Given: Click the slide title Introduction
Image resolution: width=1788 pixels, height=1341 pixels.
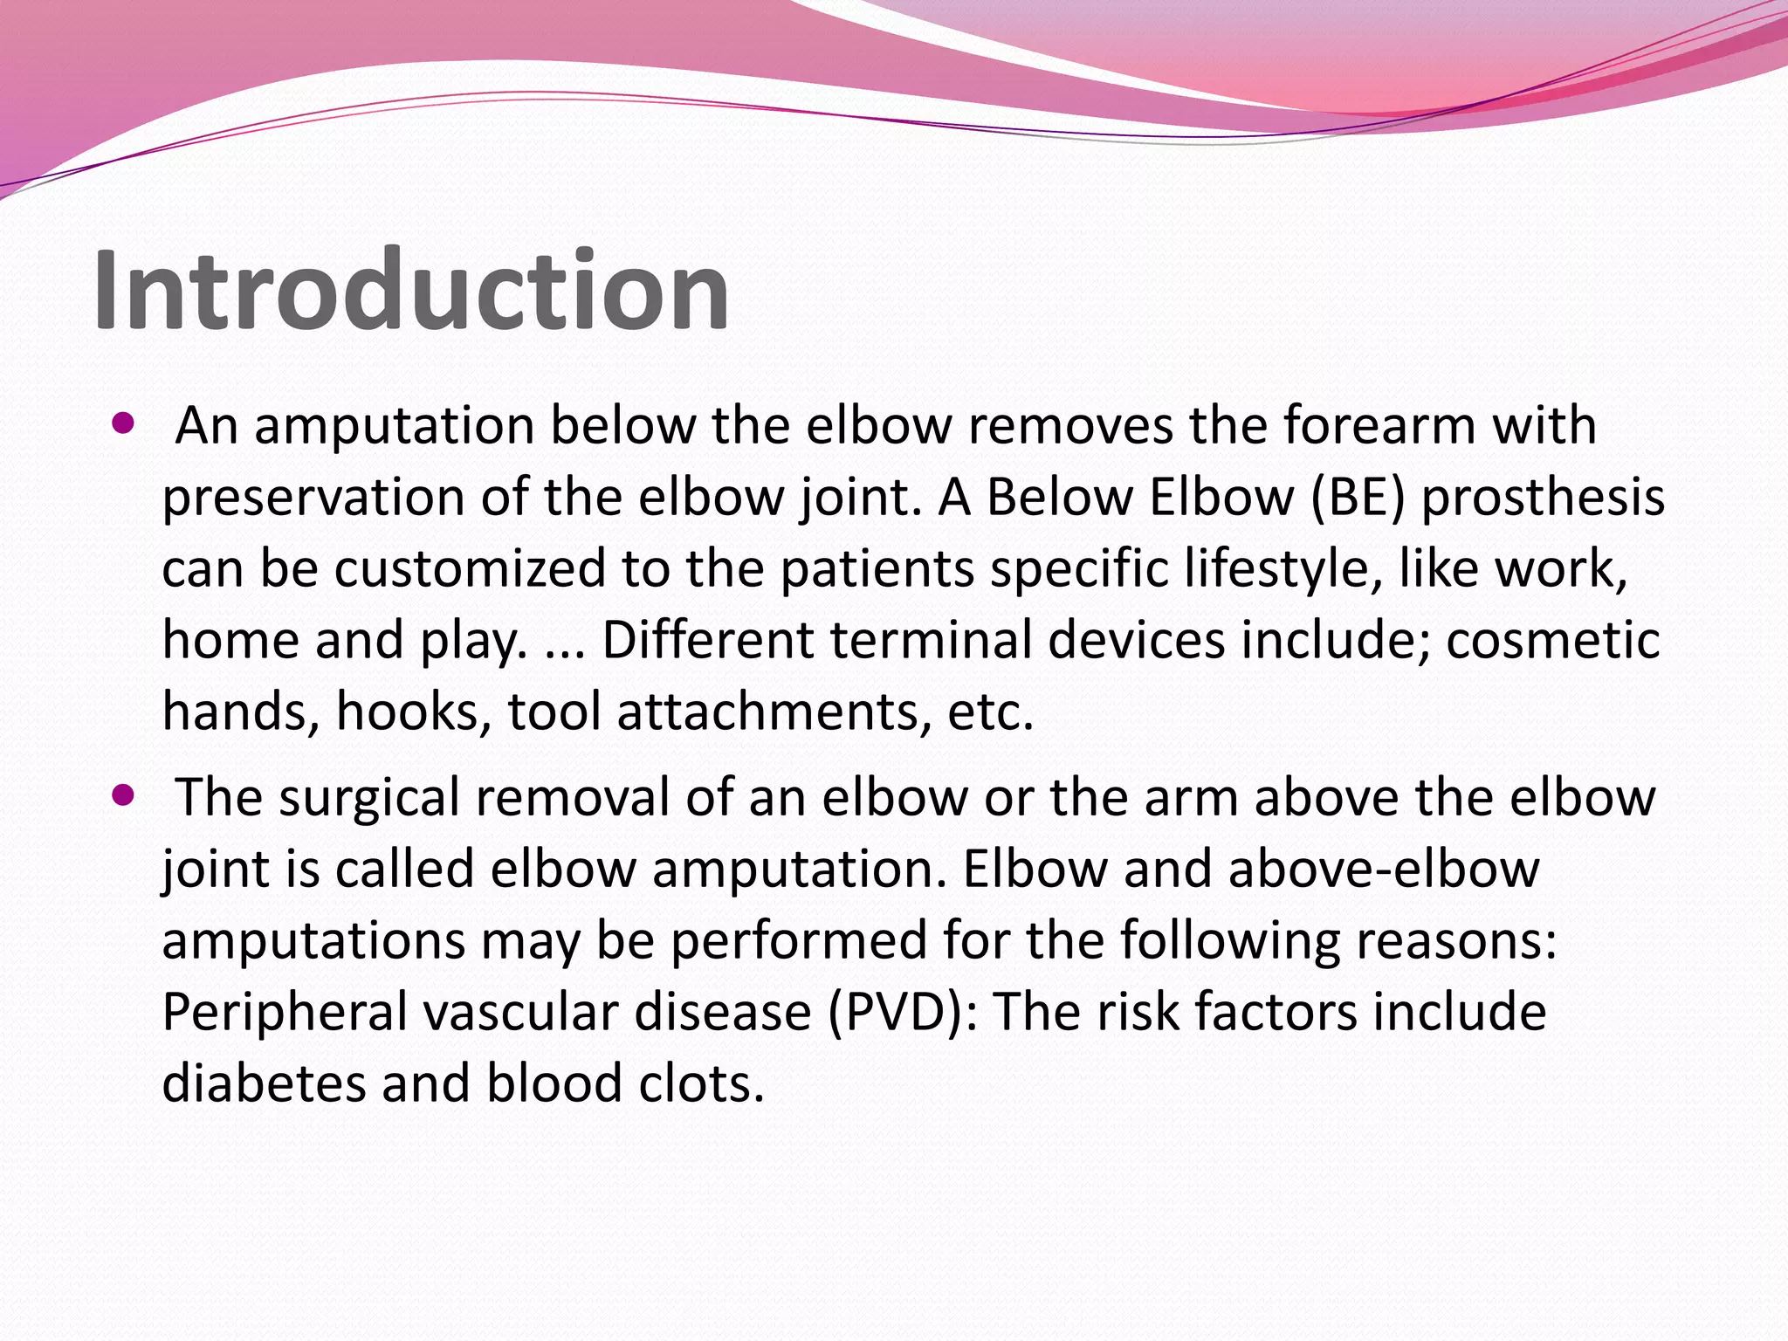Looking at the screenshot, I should tap(410, 290).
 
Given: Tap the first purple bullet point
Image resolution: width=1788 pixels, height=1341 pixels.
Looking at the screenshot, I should tap(124, 425).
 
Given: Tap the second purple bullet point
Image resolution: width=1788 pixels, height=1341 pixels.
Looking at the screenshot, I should tap(124, 795).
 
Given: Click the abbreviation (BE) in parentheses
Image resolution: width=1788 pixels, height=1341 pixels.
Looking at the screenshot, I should tap(1358, 498).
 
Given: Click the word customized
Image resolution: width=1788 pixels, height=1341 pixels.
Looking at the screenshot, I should tap(470, 569).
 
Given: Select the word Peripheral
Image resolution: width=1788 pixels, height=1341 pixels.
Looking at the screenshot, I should tap(285, 1013).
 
